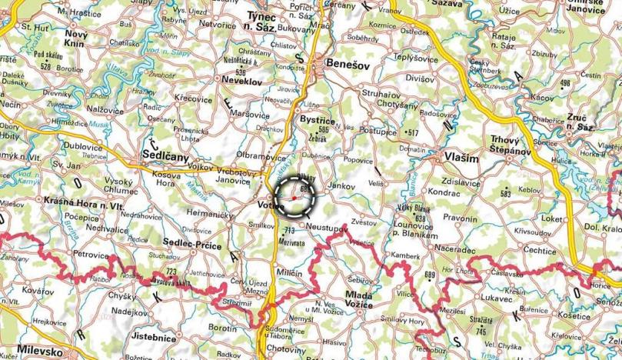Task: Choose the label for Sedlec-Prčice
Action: click(x=192, y=245)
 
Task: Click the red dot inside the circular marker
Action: click(x=294, y=198)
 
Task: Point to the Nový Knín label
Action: click(x=75, y=39)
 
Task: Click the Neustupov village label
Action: click(x=328, y=228)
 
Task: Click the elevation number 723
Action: click(x=171, y=274)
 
